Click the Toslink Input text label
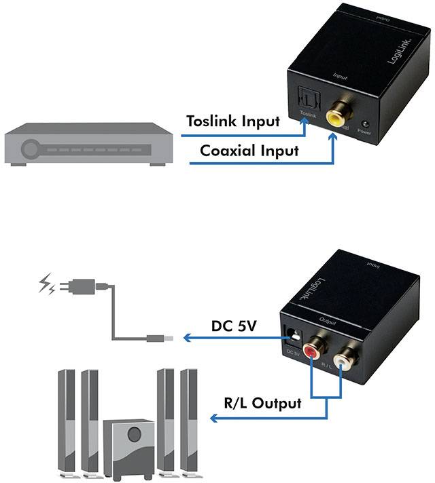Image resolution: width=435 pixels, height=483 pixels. click(234, 122)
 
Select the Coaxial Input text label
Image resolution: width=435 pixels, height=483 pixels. click(249, 151)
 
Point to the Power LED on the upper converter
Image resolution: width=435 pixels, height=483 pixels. click(366, 125)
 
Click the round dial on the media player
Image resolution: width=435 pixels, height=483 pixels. click(31, 147)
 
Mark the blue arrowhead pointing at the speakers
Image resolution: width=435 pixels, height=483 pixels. click(214, 419)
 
